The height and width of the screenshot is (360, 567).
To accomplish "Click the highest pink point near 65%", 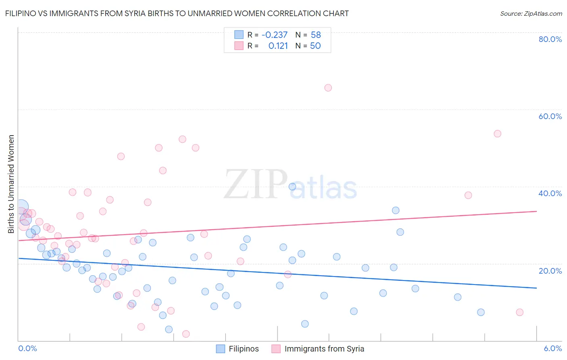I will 328,88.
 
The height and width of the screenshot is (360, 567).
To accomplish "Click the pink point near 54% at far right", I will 497,134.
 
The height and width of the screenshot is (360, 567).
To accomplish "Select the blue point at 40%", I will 292,186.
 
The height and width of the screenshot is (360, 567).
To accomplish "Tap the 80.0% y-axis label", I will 550,39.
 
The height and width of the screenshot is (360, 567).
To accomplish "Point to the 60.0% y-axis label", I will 550,116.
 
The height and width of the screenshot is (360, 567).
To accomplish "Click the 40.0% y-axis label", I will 550,193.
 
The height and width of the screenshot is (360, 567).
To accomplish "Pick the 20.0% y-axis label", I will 550,270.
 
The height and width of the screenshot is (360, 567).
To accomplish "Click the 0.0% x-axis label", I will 27,348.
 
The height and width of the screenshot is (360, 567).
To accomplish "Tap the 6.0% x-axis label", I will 552,348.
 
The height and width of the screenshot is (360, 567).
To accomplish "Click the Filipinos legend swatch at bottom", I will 220,349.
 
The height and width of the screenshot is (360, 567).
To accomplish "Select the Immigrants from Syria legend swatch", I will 276,349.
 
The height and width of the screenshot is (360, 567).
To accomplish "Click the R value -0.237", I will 274,35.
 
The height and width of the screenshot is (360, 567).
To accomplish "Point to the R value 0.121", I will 278,46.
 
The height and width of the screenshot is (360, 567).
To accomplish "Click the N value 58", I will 316,35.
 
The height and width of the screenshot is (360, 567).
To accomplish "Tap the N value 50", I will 315,46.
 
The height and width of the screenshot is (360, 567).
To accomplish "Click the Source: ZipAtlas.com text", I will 531,14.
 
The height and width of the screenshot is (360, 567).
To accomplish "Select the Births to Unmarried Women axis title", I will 11,184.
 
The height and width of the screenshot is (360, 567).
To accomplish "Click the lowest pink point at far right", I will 519,312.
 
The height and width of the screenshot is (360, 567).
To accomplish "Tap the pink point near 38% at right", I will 468,195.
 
